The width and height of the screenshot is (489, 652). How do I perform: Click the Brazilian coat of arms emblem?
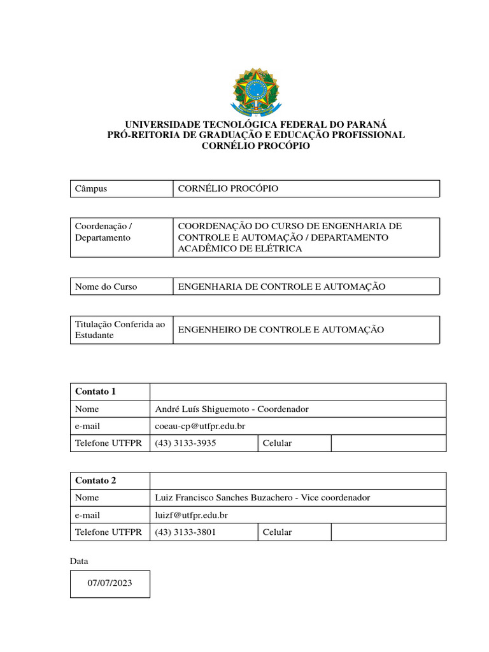coord(255,92)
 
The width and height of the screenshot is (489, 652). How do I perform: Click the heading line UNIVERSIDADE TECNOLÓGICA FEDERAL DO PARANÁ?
coord(255,124)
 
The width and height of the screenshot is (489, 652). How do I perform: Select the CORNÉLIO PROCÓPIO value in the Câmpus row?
coord(227,189)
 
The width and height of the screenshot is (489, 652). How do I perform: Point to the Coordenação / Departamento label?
coord(103,232)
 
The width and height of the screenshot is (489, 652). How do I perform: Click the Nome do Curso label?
coord(106,287)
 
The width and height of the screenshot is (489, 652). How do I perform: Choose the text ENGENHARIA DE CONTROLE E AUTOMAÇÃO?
coord(281,287)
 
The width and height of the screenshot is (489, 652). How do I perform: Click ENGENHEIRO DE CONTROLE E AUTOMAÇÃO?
coord(281,330)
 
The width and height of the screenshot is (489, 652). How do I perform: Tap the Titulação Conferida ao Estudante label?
coord(120,330)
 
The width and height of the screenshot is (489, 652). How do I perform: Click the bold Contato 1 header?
coord(96,392)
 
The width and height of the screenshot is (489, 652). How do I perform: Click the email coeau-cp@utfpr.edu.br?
coord(200,426)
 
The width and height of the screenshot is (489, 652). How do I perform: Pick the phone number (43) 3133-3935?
coord(185,443)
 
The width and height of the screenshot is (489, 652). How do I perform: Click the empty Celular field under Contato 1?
coord(388,443)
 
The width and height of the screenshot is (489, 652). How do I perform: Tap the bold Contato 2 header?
coord(96,481)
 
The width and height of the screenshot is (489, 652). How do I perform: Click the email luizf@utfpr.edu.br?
coord(191,515)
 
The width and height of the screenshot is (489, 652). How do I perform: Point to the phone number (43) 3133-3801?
coord(185,532)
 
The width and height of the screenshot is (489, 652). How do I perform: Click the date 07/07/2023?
coord(110,583)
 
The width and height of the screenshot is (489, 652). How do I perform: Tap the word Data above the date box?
coord(79,562)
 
